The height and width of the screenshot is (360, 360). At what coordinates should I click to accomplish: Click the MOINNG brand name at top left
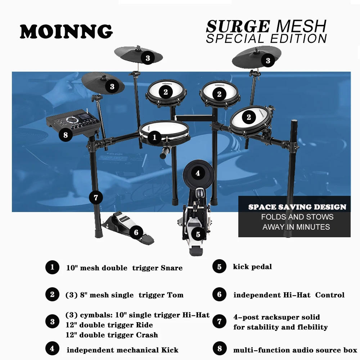(x=66, y=32)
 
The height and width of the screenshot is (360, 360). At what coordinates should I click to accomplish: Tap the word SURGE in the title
(x=238, y=27)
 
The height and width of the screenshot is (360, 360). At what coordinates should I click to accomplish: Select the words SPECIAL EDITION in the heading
(x=266, y=39)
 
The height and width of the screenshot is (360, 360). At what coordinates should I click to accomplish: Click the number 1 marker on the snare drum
(x=155, y=137)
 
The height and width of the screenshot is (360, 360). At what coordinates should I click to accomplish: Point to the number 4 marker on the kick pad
(x=198, y=173)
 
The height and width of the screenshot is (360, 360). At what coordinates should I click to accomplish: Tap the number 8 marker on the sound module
(x=65, y=135)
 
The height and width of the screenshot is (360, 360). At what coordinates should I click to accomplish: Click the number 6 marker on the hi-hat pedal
(x=136, y=233)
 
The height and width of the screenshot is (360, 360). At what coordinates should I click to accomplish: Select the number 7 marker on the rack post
(x=95, y=198)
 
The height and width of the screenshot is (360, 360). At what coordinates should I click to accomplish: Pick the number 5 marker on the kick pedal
(x=198, y=235)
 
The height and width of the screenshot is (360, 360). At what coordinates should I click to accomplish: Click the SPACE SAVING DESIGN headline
(x=297, y=207)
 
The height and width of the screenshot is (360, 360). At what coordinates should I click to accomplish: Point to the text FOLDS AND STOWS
(x=297, y=217)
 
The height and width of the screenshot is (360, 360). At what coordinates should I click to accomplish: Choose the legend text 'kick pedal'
(x=252, y=267)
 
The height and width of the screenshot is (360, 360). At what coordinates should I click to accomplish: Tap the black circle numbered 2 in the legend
(x=52, y=294)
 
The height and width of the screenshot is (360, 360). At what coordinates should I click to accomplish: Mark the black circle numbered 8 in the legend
(x=219, y=348)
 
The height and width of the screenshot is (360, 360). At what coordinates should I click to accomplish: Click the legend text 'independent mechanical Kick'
(x=122, y=350)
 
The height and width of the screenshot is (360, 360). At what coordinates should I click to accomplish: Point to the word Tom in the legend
(x=175, y=295)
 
